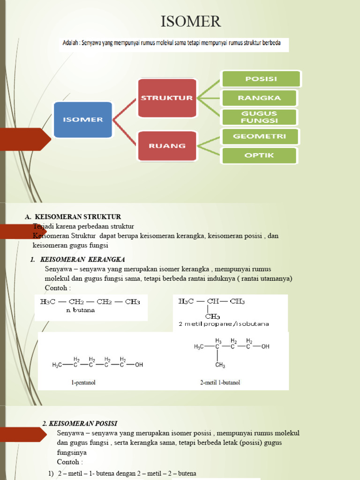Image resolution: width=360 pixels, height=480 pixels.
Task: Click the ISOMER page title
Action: pyautogui.click(x=190, y=22)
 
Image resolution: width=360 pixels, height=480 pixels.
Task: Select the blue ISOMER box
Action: pyautogui.click(x=83, y=119)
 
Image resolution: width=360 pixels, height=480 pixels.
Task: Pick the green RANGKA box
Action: pyautogui.click(x=259, y=98)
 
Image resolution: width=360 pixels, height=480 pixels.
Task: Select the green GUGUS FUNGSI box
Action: pyautogui.click(x=259, y=117)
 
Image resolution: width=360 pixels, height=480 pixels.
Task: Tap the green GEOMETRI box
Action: pyautogui.click(x=259, y=136)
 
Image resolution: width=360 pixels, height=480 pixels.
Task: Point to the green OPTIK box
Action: pyautogui.click(x=259, y=155)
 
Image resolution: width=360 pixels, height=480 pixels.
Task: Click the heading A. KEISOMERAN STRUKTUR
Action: pyautogui.click(x=73, y=217)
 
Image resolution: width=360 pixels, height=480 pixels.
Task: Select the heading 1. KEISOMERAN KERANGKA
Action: pyautogui.click(x=78, y=259)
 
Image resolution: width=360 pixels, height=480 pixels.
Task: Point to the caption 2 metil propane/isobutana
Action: pyautogui.click(x=224, y=324)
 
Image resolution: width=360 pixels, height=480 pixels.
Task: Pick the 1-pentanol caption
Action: pyautogui.click(x=84, y=382)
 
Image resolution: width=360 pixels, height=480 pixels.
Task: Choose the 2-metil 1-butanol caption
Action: pyautogui.click(x=220, y=382)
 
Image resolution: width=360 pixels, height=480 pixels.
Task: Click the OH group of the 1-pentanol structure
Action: pyautogui.click(x=139, y=365)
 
